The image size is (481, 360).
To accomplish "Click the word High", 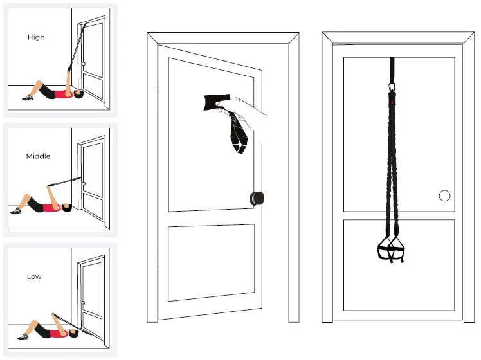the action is (36, 37).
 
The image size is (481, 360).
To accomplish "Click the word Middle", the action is (38, 156).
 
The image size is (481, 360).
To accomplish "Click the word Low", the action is (34, 276).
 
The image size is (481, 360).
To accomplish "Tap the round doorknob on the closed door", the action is (443, 195).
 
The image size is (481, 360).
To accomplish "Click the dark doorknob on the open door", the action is (258, 198).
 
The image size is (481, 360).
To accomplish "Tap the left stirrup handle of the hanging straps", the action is (383, 249).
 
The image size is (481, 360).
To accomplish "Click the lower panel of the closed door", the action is (399, 264).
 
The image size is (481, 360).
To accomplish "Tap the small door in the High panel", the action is (93, 61).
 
